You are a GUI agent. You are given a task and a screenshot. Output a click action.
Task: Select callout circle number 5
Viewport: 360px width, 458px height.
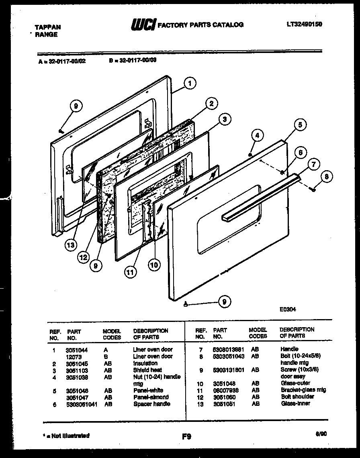click(300, 124)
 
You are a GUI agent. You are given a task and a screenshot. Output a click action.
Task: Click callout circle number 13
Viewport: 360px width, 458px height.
click(72, 245)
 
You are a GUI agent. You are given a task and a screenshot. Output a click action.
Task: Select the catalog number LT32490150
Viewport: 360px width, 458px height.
click(304, 24)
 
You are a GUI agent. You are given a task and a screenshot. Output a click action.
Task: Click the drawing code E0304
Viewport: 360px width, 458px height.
click(288, 309)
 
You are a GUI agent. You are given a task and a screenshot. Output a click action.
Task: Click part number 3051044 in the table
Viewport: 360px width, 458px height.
click(76, 350)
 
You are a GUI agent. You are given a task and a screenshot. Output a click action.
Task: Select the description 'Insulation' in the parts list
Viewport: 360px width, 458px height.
click(145, 363)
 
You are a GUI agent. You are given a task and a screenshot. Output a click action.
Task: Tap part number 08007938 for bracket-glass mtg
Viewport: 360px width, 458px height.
click(226, 390)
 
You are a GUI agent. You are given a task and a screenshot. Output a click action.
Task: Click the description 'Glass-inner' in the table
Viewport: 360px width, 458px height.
click(295, 403)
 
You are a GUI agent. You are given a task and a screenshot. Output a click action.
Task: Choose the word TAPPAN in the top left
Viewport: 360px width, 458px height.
click(48, 27)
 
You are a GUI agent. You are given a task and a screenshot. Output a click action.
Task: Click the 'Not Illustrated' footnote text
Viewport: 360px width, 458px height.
click(66, 436)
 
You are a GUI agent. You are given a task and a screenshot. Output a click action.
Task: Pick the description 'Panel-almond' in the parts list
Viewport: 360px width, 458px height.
click(151, 397)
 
